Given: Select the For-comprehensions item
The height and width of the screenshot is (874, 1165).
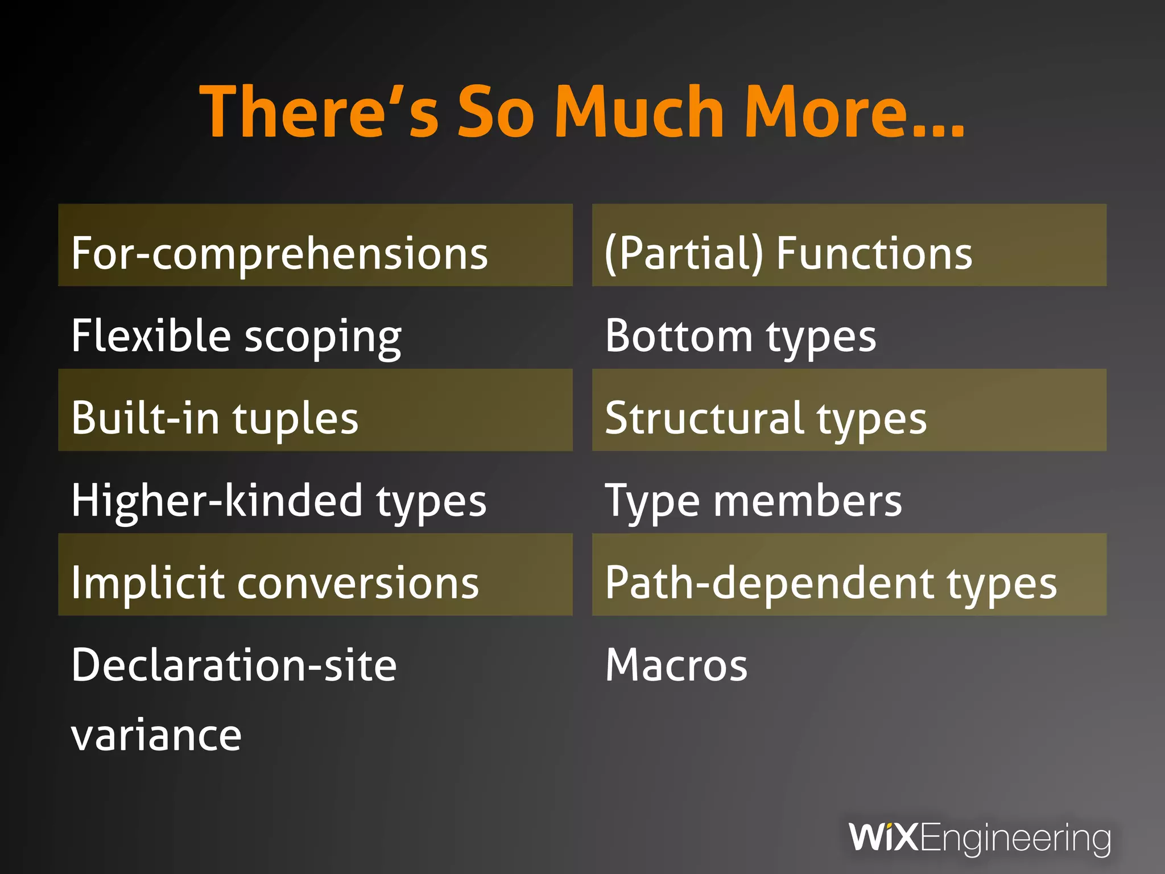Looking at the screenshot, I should [x=279, y=254].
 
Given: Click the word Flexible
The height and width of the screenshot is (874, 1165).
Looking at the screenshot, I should [x=151, y=336].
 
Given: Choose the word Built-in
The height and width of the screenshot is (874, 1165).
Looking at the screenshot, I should [x=145, y=418].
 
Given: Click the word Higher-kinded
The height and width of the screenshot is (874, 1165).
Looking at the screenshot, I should [x=217, y=501].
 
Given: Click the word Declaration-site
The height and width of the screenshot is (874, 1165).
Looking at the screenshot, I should [x=234, y=665].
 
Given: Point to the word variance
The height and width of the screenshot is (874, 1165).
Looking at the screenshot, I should [x=156, y=736].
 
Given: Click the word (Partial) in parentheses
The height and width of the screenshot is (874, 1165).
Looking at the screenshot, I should [x=683, y=254].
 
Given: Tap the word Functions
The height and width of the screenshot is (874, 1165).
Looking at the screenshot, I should [x=874, y=254].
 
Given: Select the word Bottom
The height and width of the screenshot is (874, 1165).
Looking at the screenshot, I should [x=679, y=336].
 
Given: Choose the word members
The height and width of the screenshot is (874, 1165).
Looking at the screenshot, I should [x=807, y=501].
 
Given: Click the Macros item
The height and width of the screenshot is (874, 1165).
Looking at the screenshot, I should [x=676, y=665].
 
